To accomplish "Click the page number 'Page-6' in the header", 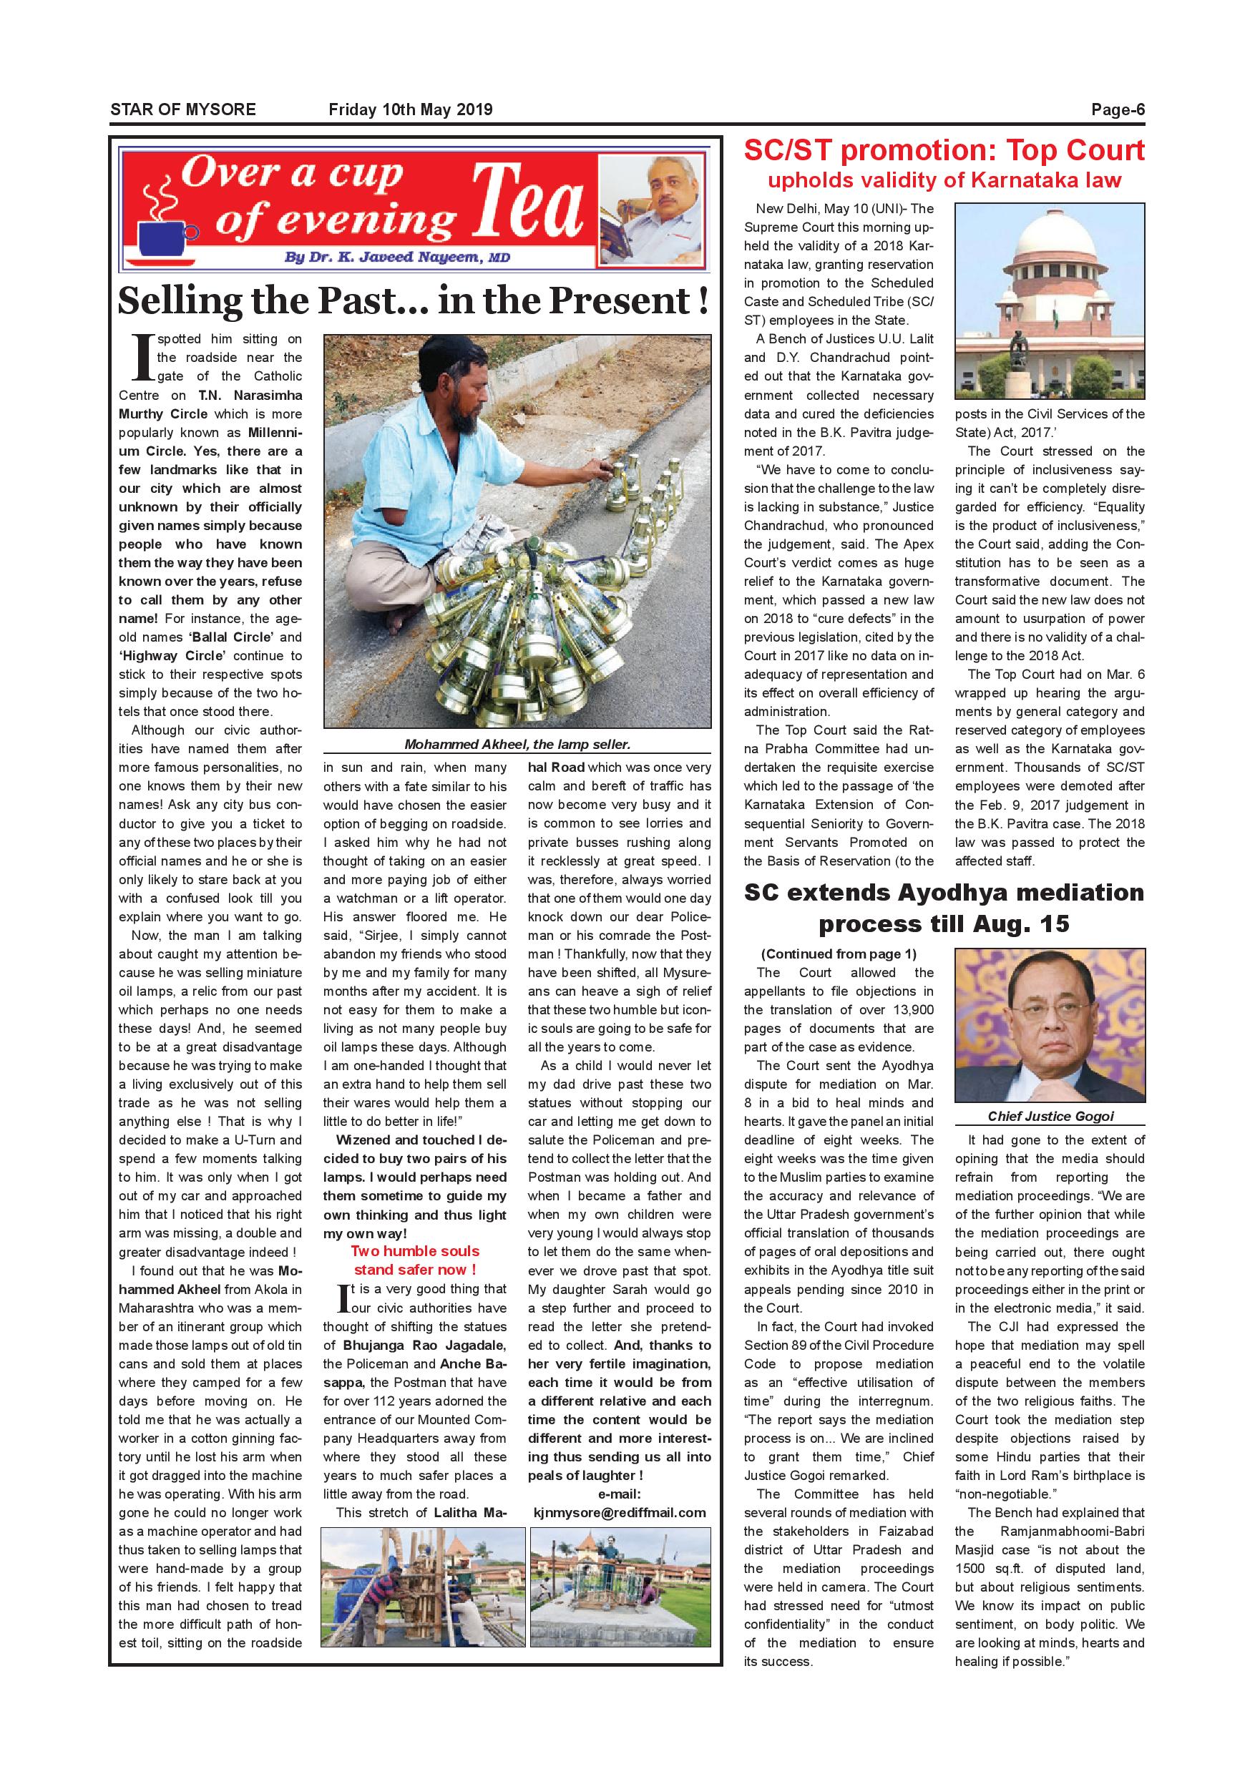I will (x=1117, y=109).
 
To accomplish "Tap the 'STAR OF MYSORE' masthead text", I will (x=182, y=109).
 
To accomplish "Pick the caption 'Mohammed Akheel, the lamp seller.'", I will (x=517, y=745).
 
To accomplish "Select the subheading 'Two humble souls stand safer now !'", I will (x=415, y=1260).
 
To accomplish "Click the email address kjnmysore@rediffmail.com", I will (x=619, y=1512).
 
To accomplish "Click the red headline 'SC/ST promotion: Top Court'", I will (x=944, y=150).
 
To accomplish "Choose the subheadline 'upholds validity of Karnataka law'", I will (x=944, y=181).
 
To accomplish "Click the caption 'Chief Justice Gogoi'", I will (x=1050, y=1116).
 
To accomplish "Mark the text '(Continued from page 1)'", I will (x=838, y=954).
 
